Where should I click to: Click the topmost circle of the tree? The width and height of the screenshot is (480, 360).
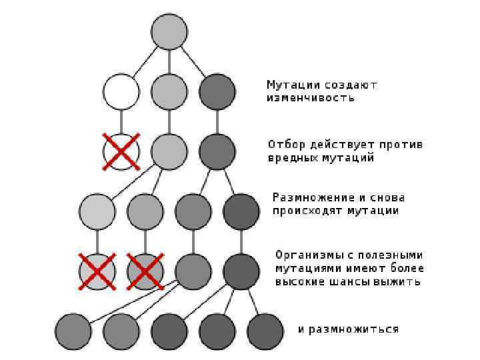click(x=169, y=31)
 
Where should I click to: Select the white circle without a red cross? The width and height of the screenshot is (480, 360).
click(x=121, y=91)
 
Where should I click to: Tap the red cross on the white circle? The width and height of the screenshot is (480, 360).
click(x=121, y=151)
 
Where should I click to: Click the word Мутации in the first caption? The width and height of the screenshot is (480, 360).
click(x=293, y=85)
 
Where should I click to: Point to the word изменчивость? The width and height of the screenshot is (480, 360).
click(x=311, y=98)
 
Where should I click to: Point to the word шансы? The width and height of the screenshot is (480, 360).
click(x=356, y=282)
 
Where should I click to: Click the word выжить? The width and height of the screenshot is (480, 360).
click(x=400, y=282)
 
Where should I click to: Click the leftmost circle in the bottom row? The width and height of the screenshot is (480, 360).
click(x=73, y=331)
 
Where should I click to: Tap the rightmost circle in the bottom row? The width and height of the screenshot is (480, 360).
click(x=265, y=331)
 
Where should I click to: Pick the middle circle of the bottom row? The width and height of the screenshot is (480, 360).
click(x=169, y=331)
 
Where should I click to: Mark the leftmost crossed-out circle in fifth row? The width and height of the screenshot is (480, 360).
click(x=97, y=271)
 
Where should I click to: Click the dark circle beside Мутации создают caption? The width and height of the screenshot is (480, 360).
click(x=217, y=91)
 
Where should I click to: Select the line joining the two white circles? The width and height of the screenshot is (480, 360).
click(x=121, y=121)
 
